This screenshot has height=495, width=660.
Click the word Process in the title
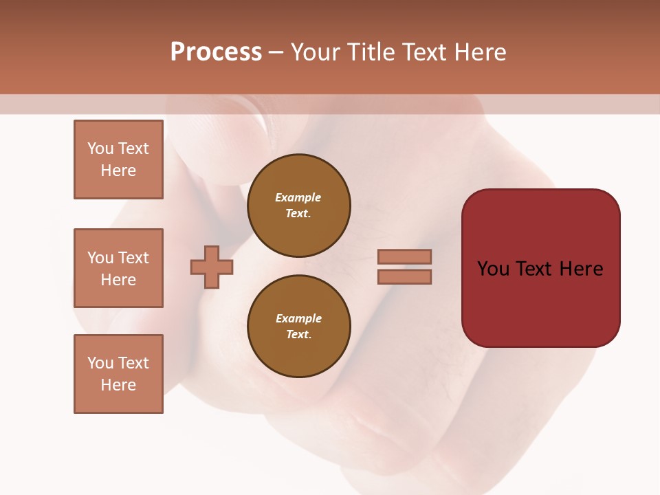(x=216, y=52)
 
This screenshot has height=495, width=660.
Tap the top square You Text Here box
(x=118, y=159)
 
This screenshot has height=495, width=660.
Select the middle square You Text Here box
(x=118, y=268)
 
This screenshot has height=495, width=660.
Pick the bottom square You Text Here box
(x=118, y=374)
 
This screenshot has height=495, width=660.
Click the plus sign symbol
(x=211, y=267)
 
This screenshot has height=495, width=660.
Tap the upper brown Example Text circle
(x=298, y=206)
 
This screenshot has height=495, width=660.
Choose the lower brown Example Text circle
(x=298, y=326)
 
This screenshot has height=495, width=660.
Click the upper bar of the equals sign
(x=404, y=256)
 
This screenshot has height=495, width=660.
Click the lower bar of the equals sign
(x=404, y=276)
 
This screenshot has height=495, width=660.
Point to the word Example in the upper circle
(x=298, y=198)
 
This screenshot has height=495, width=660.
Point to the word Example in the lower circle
(x=298, y=318)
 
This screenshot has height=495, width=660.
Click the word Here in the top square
(x=118, y=170)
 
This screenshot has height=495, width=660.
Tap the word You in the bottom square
(x=100, y=363)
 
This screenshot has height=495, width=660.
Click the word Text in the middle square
(x=133, y=258)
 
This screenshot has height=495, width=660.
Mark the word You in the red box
(x=493, y=269)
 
